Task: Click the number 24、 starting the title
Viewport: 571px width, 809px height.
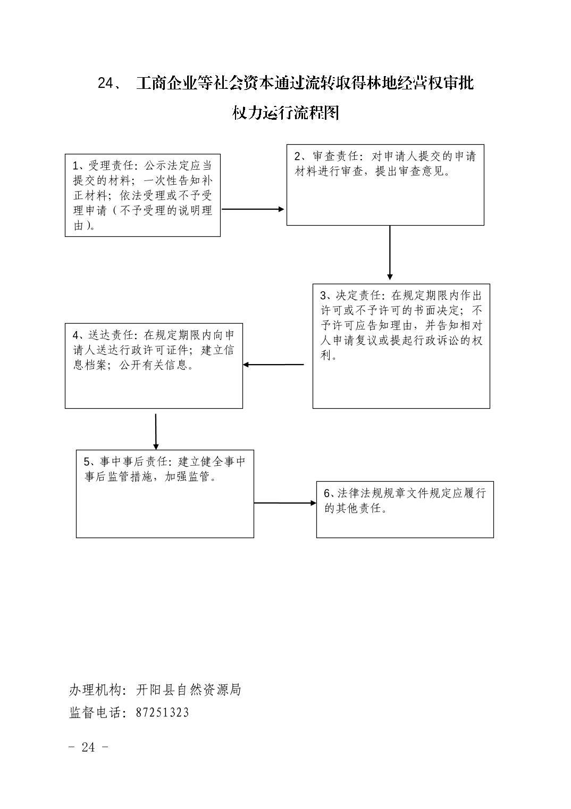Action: click(x=111, y=84)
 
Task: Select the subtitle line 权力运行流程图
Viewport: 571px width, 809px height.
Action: click(x=285, y=113)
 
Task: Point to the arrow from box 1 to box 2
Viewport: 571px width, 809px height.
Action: click(x=253, y=209)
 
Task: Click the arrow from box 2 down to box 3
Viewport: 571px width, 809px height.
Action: click(x=390, y=253)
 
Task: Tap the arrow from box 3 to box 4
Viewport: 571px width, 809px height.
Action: click(x=273, y=365)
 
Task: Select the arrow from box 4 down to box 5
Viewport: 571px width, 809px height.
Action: click(x=156, y=432)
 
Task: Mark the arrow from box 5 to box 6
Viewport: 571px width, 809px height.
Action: click(x=285, y=503)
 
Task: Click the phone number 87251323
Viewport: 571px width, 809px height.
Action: click(x=162, y=713)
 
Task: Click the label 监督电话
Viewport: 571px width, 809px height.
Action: click(x=95, y=713)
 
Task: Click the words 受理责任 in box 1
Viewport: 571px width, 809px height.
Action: click(x=111, y=166)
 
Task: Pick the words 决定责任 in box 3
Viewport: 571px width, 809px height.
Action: click(x=358, y=295)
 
